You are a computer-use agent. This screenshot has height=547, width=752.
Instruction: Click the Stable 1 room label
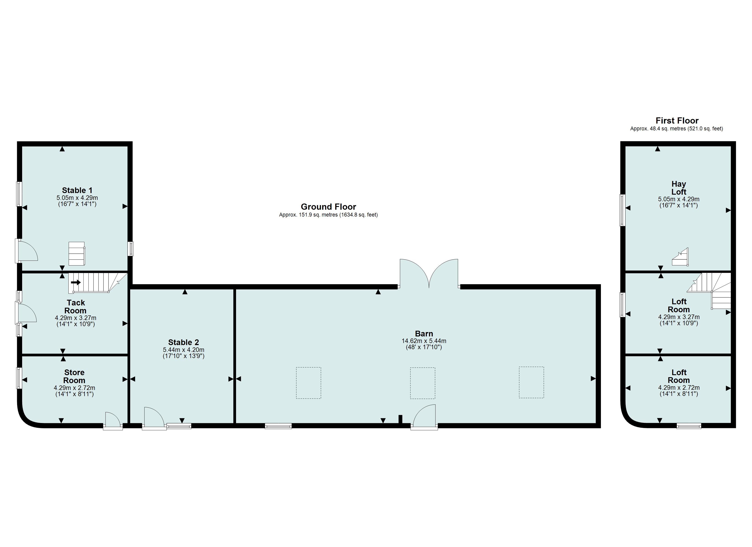point(77,190)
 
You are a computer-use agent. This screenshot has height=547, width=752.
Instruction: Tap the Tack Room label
point(76,307)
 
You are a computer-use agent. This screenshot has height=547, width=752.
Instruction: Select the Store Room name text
point(74,377)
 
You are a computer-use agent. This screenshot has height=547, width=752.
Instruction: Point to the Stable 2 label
point(183,342)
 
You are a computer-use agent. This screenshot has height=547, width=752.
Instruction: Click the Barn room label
point(424,334)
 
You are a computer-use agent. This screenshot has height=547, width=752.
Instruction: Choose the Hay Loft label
point(679,188)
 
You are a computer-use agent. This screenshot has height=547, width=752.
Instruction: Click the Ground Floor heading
point(328,207)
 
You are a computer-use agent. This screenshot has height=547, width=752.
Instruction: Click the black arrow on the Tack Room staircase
point(76,283)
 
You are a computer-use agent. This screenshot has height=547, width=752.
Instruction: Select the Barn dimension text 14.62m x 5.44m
point(424,341)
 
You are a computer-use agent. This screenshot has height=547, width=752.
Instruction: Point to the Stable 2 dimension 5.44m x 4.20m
point(183,350)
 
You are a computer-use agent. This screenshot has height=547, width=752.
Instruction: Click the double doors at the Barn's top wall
point(429,273)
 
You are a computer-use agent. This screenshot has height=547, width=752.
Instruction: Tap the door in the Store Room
point(113,421)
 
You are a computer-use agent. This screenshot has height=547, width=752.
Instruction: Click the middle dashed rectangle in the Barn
point(423,383)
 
